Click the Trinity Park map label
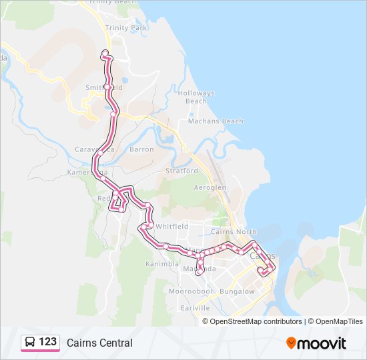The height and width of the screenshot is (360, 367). [x=125, y=28]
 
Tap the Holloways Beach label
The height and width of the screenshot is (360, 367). [x=196, y=97]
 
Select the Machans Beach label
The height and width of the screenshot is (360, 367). [x=216, y=121]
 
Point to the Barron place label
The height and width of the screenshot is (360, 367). [x=141, y=149]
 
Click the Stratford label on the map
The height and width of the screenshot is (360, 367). [x=182, y=171]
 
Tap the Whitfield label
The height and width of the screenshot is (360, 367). [x=169, y=227]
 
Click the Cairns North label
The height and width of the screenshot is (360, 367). [x=233, y=232]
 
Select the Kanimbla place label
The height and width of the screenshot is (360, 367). [x=162, y=264]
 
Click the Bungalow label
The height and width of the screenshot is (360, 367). [x=237, y=291]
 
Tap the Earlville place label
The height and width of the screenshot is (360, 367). [x=195, y=308]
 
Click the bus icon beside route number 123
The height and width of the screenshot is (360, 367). [x=30, y=343]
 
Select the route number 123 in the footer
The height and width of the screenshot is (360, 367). [x=48, y=342]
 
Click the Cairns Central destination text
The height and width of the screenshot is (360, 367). [x=99, y=343]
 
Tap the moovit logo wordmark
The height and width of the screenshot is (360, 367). [x=322, y=343]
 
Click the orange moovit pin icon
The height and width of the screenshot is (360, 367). [x=292, y=343]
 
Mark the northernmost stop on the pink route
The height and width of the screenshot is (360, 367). [x=104, y=53]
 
